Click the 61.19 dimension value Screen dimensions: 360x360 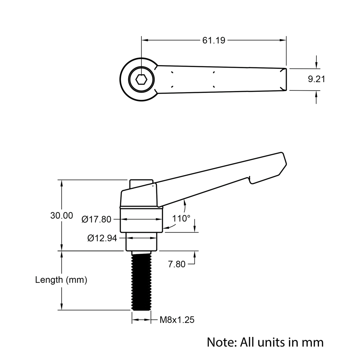[213, 40]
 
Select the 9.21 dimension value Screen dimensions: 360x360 [316, 79]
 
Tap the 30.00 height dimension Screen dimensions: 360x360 [62, 216]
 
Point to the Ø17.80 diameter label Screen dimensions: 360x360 [96, 219]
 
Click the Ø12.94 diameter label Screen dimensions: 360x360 [102, 238]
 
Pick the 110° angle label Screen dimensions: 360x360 [181, 219]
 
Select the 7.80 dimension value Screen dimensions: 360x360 [177, 264]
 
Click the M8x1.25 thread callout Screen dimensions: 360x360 [177, 320]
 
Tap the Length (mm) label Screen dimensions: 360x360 [61, 280]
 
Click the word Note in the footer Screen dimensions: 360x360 [220, 342]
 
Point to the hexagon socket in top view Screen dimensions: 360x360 [141, 80]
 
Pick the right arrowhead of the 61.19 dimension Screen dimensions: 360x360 [283, 40]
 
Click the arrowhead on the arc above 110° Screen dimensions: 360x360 [185, 204]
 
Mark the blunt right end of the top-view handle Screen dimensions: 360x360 [285, 79]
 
